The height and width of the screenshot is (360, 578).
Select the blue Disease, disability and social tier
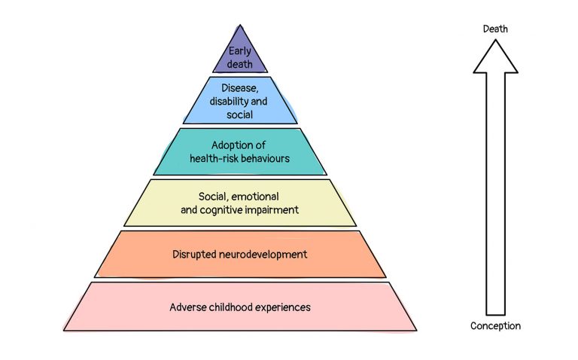(x=240, y=100)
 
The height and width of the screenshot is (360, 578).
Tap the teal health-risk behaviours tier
(x=240, y=151)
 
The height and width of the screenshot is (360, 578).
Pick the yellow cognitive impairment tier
(x=240, y=203)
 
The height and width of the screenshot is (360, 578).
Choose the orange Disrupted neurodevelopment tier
(x=240, y=255)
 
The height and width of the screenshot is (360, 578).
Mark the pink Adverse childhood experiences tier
(x=240, y=307)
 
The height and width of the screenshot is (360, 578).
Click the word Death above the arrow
(x=495, y=29)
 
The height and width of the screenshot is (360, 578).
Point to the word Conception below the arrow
(x=495, y=326)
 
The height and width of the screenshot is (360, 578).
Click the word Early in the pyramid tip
(x=240, y=51)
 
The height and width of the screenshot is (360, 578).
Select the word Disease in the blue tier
(x=239, y=88)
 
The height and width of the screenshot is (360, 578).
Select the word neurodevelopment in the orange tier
(x=263, y=255)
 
